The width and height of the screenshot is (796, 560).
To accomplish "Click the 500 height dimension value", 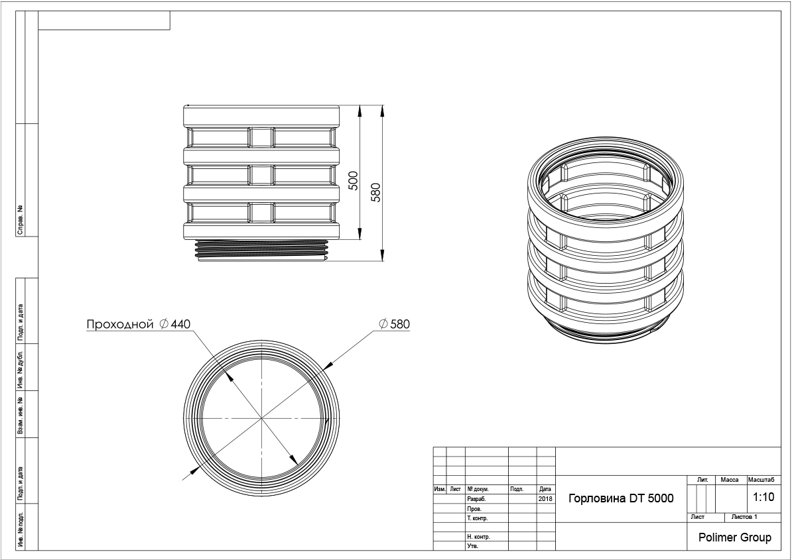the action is point(353,180).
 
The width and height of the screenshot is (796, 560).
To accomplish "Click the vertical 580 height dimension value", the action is point(375,192).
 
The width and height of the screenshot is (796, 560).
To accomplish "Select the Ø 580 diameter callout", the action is point(394,324).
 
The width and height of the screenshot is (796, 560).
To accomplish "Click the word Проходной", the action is point(120,324).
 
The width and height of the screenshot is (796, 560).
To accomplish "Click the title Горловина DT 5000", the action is point(621,498).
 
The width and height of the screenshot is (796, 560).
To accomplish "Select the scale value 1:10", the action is point(763,497).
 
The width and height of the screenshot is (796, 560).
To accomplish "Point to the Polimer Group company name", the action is point(734,537).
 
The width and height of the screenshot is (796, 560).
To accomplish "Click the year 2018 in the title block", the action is point(545,499).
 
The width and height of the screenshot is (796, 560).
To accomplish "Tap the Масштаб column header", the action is point(762,480).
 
